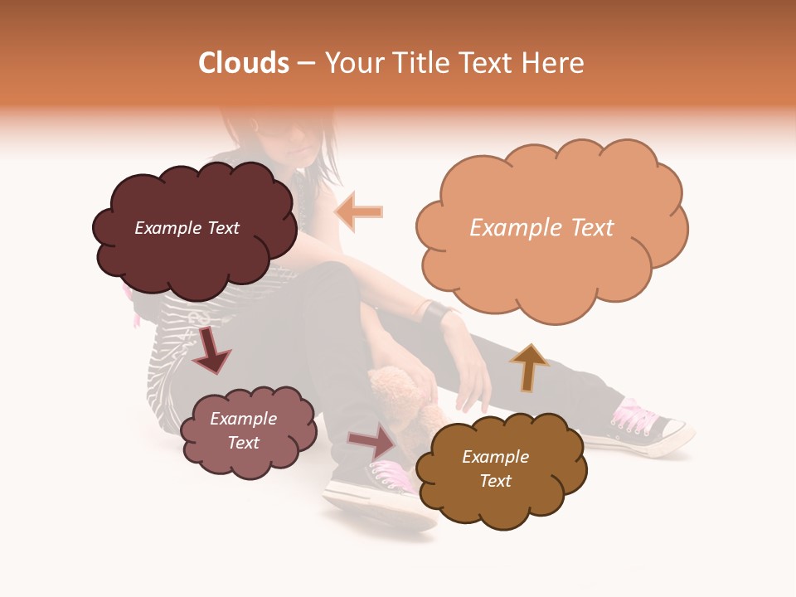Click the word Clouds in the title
point(244,63)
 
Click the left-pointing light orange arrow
point(359,211)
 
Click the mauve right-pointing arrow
point(372,440)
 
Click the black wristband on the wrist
point(435,313)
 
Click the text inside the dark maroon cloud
point(187,228)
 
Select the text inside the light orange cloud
point(541,228)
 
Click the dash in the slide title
point(306,64)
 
